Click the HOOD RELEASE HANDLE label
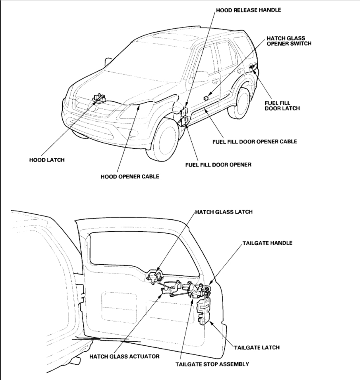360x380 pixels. [x=248, y=9]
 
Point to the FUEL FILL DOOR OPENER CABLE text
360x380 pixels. [x=254, y=141]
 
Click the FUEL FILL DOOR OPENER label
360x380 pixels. [x=218, y=164]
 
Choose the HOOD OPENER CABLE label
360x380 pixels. [x=130, y=176]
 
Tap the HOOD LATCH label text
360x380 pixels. [x=47, y=160]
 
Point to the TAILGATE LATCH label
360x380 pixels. [x=256, y=347]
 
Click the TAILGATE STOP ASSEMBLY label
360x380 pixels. [x=212, y=364]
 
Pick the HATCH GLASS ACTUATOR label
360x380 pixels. [x=125, y=356]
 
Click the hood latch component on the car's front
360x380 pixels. [x=100, y=98]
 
